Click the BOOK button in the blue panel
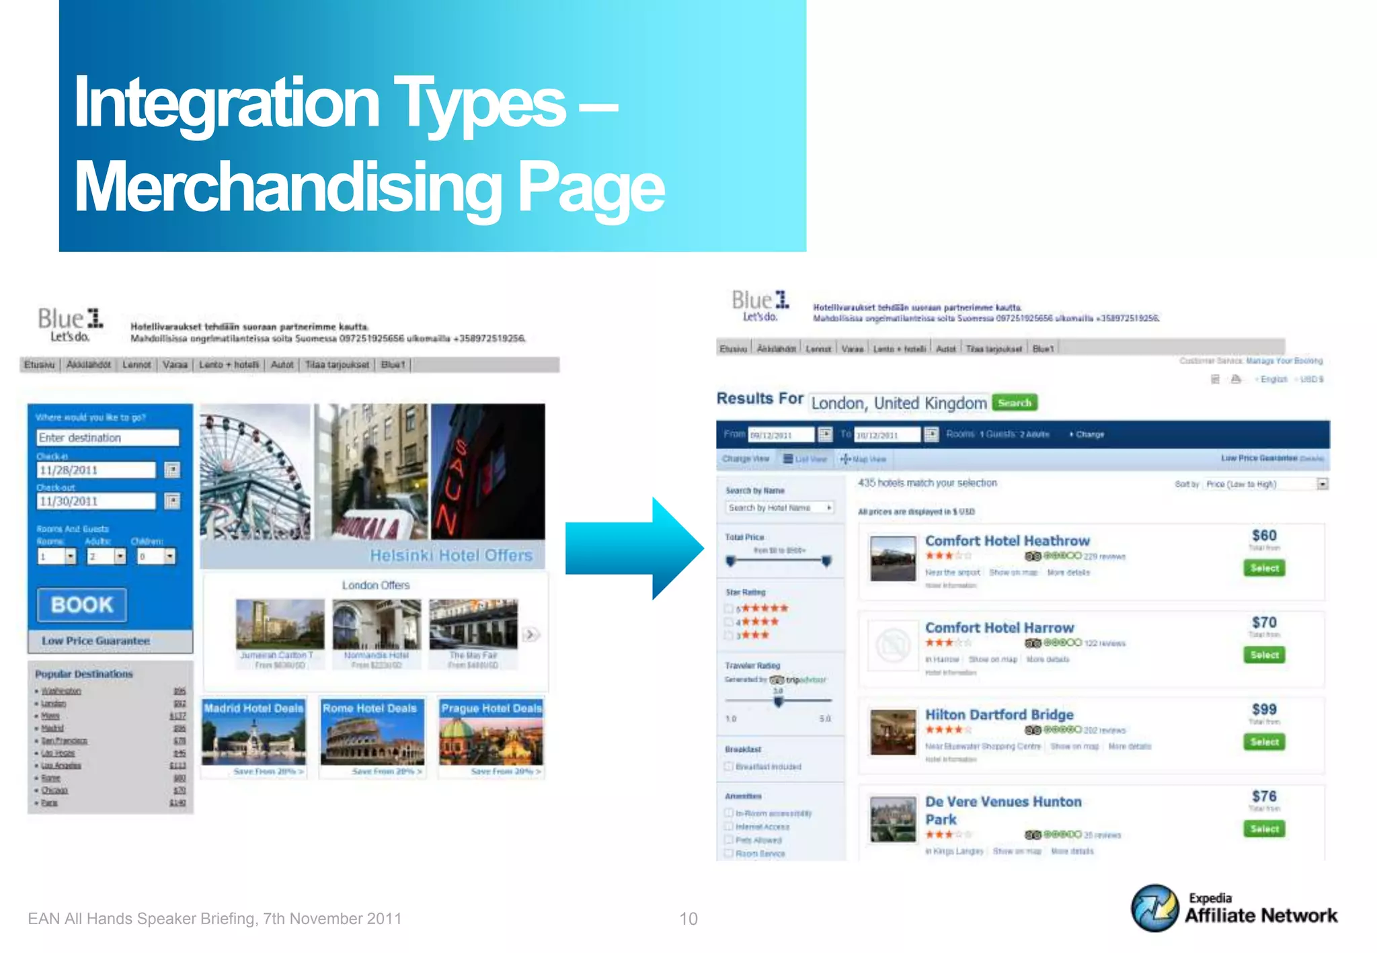tap(81, 605)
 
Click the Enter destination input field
tap(108, 438)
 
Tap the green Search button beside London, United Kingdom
tap(1015, 403)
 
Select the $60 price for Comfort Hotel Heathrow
tap(1264, 536)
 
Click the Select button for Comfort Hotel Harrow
tap(1264, 655)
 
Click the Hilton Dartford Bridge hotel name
tap(999, 714)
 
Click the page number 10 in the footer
tap(688, 919)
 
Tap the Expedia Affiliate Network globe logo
tap(1154, 908)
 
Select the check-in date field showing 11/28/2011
tap(95, 470)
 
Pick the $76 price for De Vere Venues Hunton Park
tap(1264, 796)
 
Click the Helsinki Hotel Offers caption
tap(451, 556)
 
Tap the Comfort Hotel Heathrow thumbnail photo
tap(893, 558)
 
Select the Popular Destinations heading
tap(84, 673)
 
